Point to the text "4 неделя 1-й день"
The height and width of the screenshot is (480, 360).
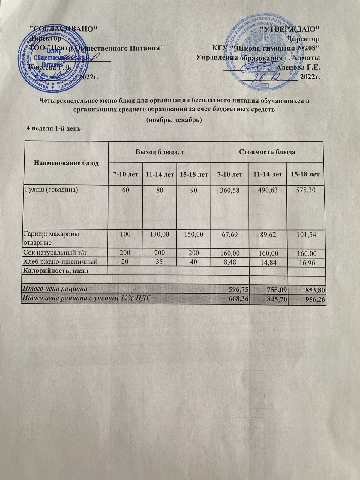point(54,128)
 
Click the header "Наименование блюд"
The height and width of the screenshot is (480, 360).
point(67,163)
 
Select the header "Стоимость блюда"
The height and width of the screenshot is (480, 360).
point(267,152)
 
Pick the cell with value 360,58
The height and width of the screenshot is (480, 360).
point(229,190)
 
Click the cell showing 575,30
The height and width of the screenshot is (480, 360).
point(305,190)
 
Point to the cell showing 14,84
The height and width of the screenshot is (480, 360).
point(268,263)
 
